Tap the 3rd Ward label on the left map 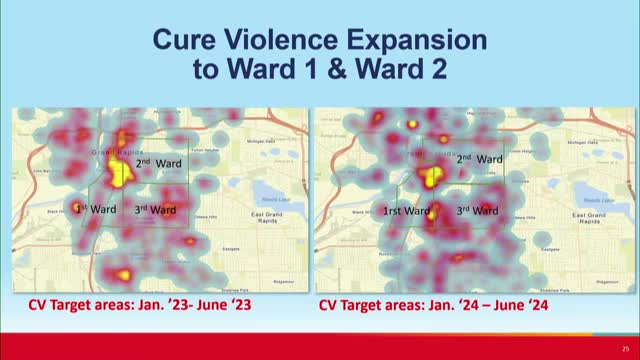coord(156,210)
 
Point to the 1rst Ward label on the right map coord(406,211)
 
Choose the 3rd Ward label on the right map coord(478,211)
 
